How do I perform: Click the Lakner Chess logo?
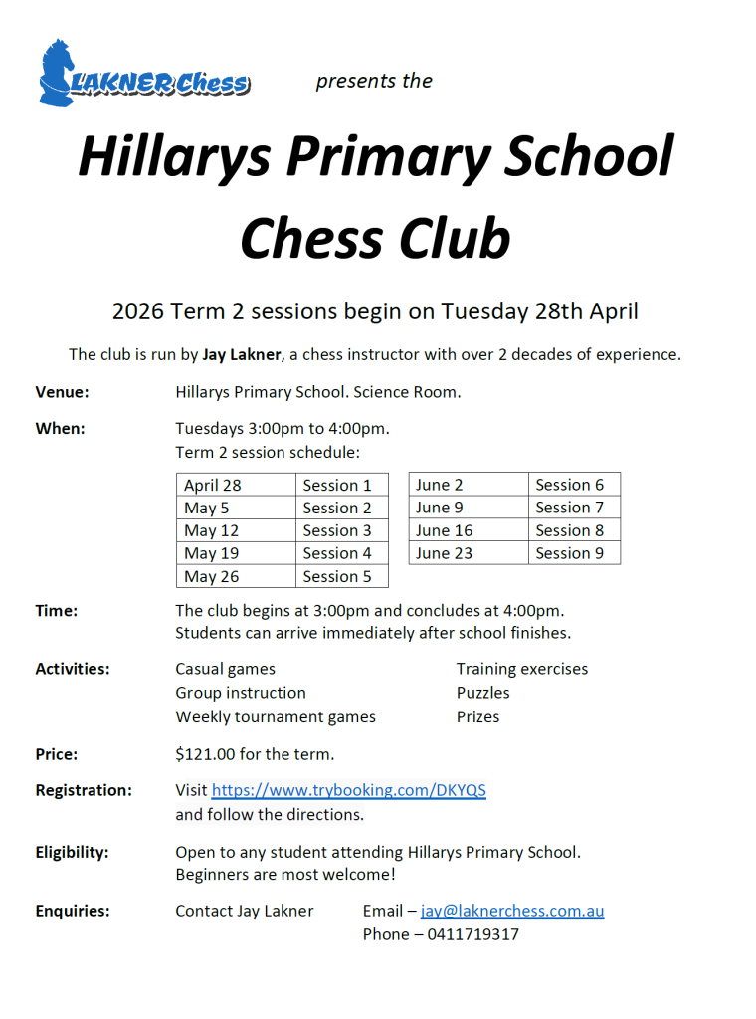(x=144, y=74)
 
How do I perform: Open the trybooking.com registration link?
(x=348, y=790)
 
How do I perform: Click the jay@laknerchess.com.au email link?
(x=512, y=911)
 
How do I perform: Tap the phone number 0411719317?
(x=472, y=934)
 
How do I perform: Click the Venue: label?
(x=62, y=392)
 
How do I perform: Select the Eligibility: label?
(x=72, y=852)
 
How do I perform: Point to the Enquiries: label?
(x=73, y=911)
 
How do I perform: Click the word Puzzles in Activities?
(x=482, y=693)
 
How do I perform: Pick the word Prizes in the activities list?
(x=477, y=716)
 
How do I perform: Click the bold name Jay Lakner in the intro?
(x=242, y=354)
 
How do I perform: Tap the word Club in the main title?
(x=449, y=239)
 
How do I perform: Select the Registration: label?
(x=84, y=790)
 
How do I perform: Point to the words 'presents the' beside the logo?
(x=374, y=81)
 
